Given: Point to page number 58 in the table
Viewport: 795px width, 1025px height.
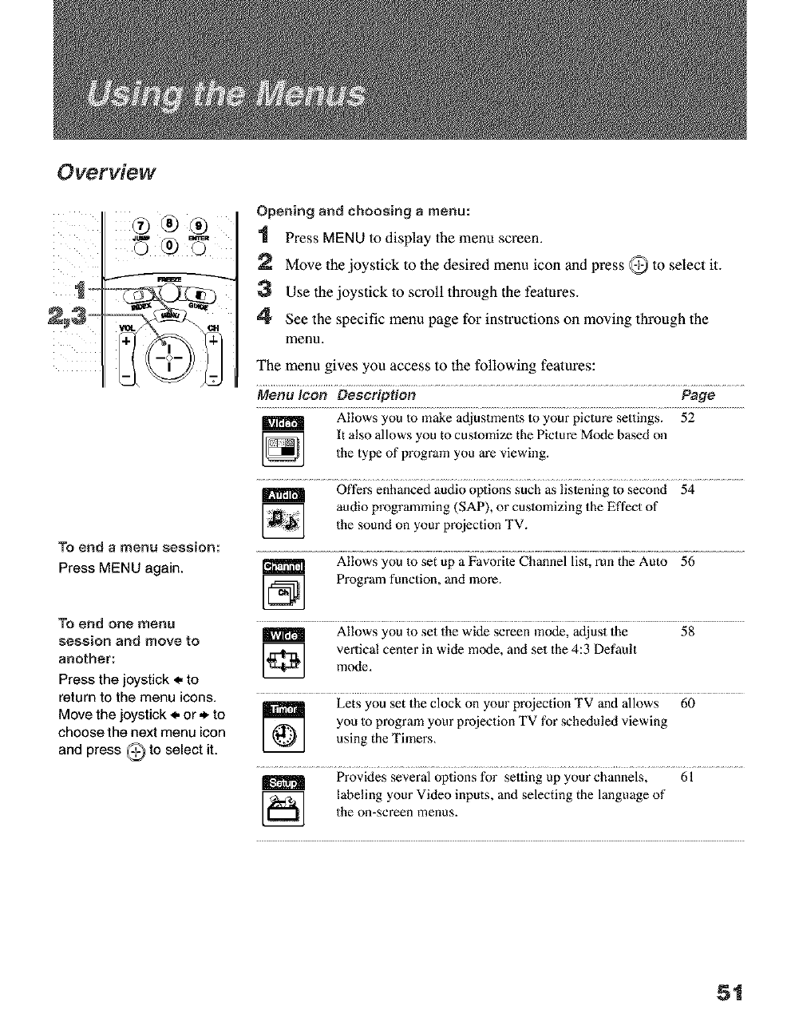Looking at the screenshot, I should point(687,632).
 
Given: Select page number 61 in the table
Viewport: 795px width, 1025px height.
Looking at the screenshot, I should point(687,775).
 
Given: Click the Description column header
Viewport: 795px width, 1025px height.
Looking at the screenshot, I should point(376,395).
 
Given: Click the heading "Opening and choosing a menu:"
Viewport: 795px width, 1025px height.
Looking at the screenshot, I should point(363,212).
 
